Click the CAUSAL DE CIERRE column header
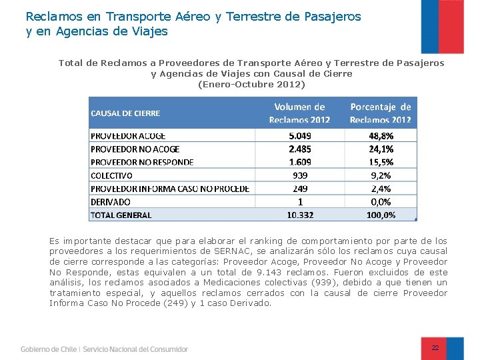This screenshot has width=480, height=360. coord(125,113)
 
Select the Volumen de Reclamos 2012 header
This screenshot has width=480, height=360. coord(299,113)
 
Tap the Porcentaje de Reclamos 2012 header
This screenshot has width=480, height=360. coord(381,113)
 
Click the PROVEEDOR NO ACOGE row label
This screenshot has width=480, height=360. coord(135,149)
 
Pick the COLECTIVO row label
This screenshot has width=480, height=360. coord(112,175)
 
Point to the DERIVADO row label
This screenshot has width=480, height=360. coord(111,201)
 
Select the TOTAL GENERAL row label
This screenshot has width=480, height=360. coord(121,215)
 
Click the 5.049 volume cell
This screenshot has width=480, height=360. coord(299,135)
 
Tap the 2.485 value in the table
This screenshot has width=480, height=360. coord(299,149)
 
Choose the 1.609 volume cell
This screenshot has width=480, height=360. coord(299,162)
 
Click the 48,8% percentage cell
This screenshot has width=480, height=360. coord(381,135)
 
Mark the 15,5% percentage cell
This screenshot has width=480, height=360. coord(381,162)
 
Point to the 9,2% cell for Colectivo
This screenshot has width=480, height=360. coord(381,175)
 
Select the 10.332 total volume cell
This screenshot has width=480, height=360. coord(299,215)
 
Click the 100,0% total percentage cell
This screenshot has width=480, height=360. coord(381,215)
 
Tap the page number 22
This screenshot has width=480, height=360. coord(435,348)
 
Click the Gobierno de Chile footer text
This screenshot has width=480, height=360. coord(49,349)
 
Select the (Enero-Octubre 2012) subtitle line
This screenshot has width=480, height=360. coord(251,85)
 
